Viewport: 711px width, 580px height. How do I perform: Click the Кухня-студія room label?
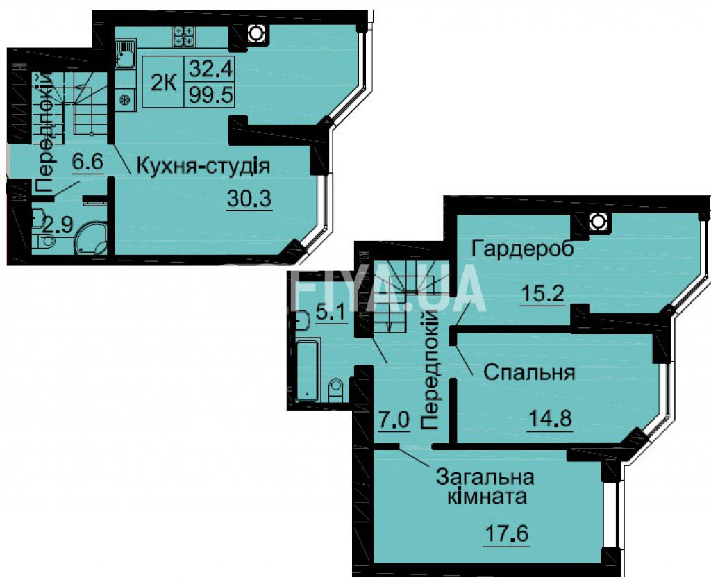point(203,166)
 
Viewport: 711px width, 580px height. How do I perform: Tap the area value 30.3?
point(249,198)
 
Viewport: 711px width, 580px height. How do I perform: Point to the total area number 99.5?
point(211,94)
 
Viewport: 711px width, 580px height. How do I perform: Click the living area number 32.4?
point(211,69)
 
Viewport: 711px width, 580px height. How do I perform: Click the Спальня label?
point(529,373)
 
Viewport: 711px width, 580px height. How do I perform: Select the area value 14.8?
point(550,417)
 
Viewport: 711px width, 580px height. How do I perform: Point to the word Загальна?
point(485,477)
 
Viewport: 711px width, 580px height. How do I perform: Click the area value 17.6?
point(506,533)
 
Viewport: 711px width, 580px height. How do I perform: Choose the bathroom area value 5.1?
point(331,314)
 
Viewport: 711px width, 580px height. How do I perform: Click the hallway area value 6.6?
point(88,161)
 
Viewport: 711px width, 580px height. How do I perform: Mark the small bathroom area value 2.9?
point(58,225)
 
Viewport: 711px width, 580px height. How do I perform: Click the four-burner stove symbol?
point(183,36)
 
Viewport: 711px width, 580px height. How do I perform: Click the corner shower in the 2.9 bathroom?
point(92,238)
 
